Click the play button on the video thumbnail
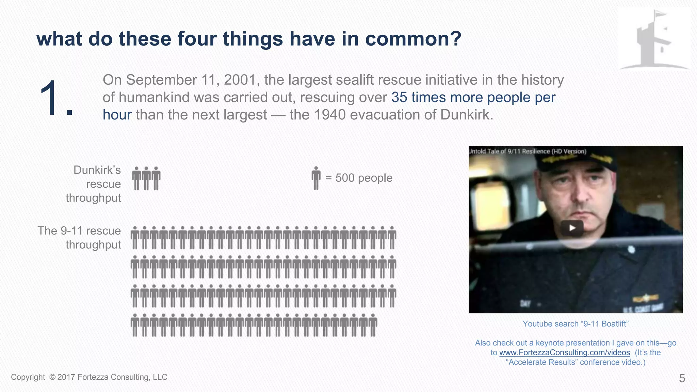point(572,228)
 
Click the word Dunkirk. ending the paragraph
point(467,115)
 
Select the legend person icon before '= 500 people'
point(316,178)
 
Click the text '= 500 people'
point(359,178)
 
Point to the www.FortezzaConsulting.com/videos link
point(564,353)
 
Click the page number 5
point(682,378)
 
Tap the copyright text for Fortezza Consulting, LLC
point(89,377)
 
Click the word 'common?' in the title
point(413,38)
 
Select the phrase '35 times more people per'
point(473,97)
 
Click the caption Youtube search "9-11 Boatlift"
point(575,324)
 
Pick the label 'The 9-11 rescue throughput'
point(79,238)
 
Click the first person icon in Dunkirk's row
point(136,178)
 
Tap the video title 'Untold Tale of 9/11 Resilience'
point(528,151)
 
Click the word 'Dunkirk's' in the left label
point(97,170)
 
